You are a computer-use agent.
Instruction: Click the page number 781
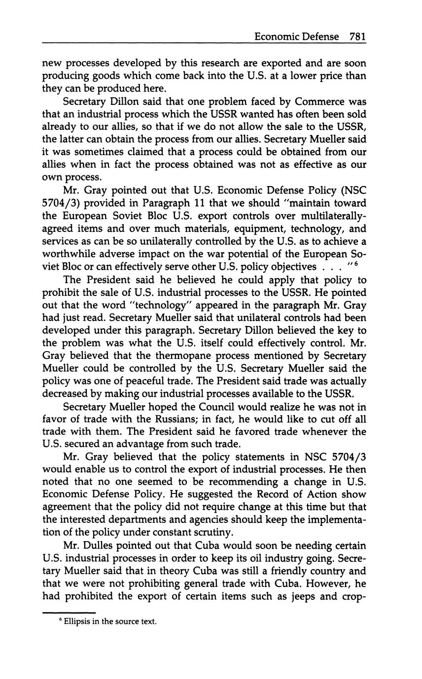click(x=357, y=36)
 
